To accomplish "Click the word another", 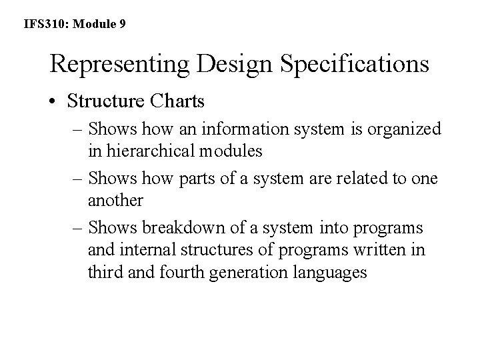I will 115,199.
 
